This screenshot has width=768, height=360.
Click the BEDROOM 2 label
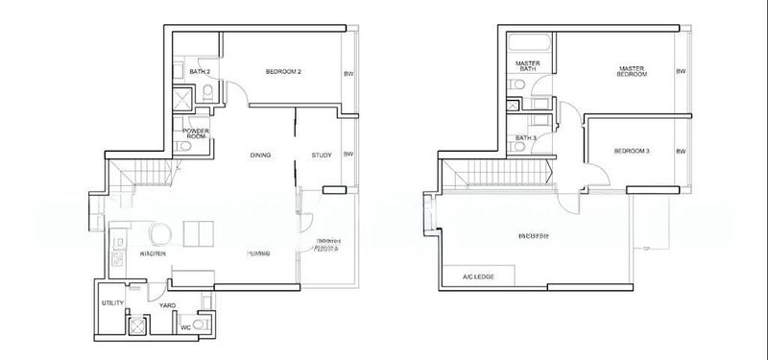tap(284, 72)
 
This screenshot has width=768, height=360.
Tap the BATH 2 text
tap(199, 72)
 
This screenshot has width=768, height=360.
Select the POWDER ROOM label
tap(195, 134)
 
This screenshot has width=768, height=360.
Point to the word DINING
tap(260, 155)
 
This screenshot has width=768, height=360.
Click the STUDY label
tap(322, 155)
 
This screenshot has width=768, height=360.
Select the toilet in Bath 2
tap(207, 91)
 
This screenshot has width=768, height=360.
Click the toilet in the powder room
tap(182, 147)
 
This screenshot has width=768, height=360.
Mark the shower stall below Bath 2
tap(182, 100)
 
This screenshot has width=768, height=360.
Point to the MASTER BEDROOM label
tap(631, 72)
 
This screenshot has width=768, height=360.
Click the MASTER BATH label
tap(528, 66)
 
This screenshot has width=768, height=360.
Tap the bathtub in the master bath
tap(530, 43)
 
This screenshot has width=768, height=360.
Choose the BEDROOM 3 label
tap(633, 151)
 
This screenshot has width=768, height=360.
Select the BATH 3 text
tap(525, 138)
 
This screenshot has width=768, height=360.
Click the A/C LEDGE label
tap(478, 277)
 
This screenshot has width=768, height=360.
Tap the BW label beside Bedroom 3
tap(681, 151)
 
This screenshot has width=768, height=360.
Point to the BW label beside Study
tap(348, 155)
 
